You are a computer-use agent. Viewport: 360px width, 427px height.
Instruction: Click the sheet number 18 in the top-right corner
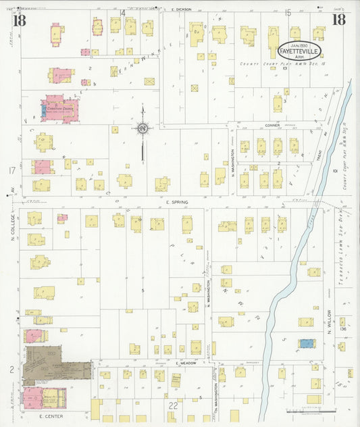338,18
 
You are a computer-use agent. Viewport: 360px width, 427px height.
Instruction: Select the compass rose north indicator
143,127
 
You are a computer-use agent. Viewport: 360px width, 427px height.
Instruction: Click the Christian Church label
59,107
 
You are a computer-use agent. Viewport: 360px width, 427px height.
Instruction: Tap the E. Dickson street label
182,9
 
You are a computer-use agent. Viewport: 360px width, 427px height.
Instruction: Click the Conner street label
253,124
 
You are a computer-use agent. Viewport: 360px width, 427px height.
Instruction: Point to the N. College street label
12,230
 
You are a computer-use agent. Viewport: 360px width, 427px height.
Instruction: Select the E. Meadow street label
185,363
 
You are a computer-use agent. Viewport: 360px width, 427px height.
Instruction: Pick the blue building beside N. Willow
307,343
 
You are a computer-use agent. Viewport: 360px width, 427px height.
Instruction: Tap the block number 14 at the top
123,13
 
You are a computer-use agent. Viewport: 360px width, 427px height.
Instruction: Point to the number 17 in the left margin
11,170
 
